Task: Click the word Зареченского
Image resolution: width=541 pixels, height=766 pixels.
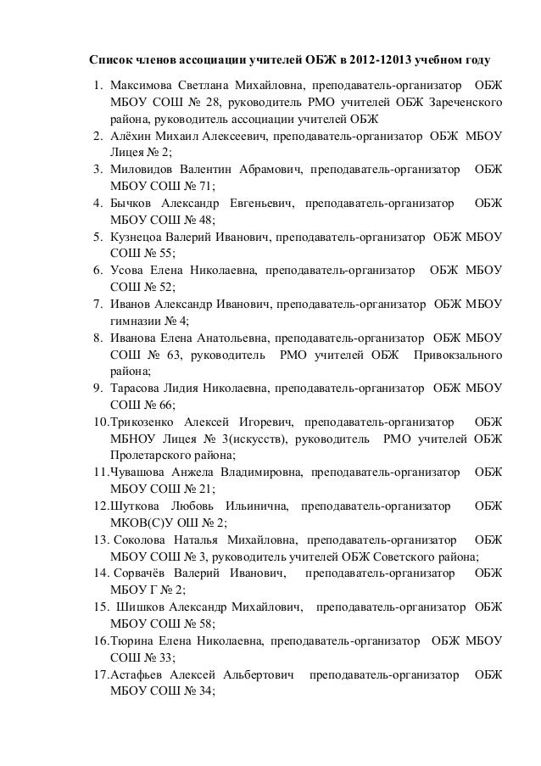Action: tap(466, 103)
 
